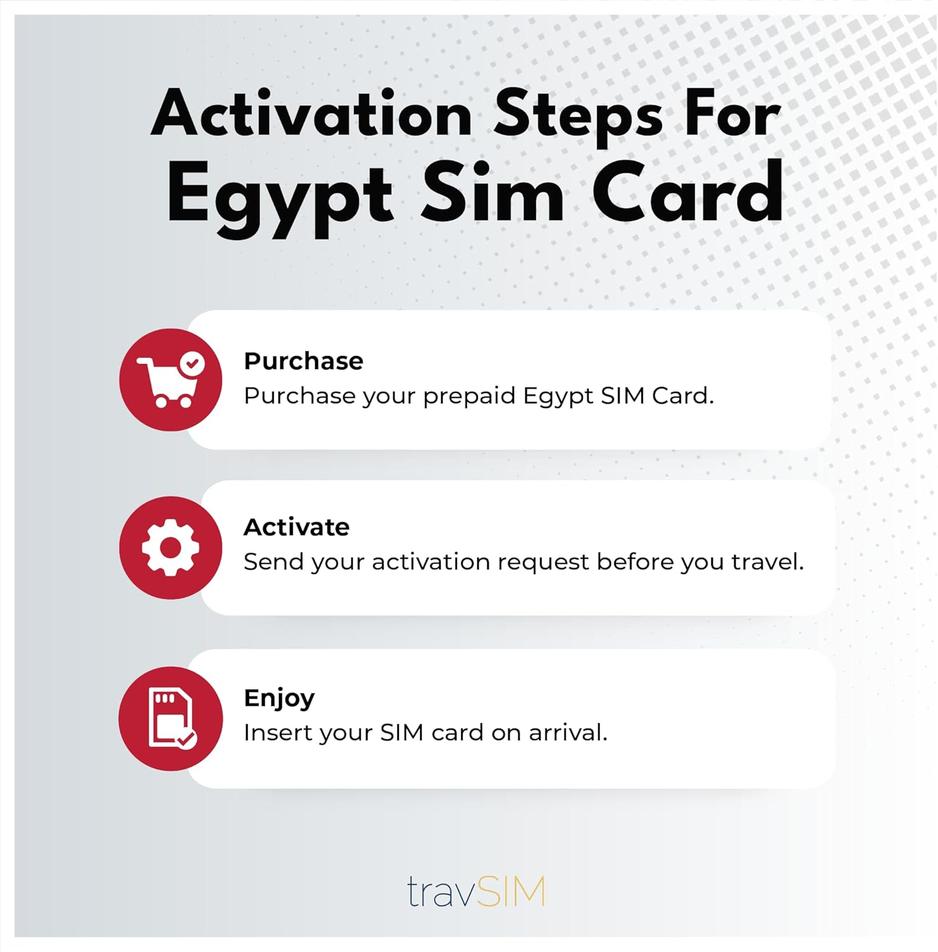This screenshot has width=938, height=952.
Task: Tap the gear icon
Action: tap(170, 548)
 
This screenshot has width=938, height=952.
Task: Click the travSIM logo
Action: tap(475, 891)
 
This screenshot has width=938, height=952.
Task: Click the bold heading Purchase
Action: tap(303, 361)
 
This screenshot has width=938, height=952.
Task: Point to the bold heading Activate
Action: tap(296, 527)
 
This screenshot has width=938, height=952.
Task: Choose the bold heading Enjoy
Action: tap(279, 698)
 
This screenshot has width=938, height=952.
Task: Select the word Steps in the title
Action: tap(578, 115)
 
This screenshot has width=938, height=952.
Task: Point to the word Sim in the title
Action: tap(492, 192)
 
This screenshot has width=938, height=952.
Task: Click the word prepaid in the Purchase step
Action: tap(469, 397)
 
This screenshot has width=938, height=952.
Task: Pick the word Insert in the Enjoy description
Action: tap(276, 733)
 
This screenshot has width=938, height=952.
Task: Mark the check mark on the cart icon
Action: tap(192, 364)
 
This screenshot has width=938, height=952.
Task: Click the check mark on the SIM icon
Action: tap(187, 739)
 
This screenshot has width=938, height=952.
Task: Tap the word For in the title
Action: tap(732, 115)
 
